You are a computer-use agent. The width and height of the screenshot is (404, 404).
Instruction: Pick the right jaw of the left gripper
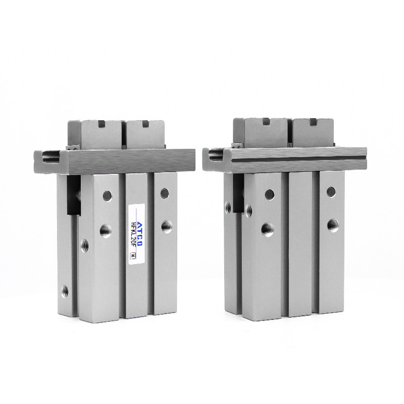[x=145, y=134]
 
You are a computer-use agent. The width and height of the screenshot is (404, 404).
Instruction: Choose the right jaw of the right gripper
[x=313, y=133]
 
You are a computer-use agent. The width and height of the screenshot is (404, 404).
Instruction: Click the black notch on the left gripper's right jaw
[x=145, y=123]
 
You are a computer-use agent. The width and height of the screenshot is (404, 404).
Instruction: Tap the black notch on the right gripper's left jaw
[x=266, y=121]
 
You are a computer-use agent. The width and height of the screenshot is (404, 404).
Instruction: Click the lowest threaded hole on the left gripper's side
[x=65, y=291]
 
